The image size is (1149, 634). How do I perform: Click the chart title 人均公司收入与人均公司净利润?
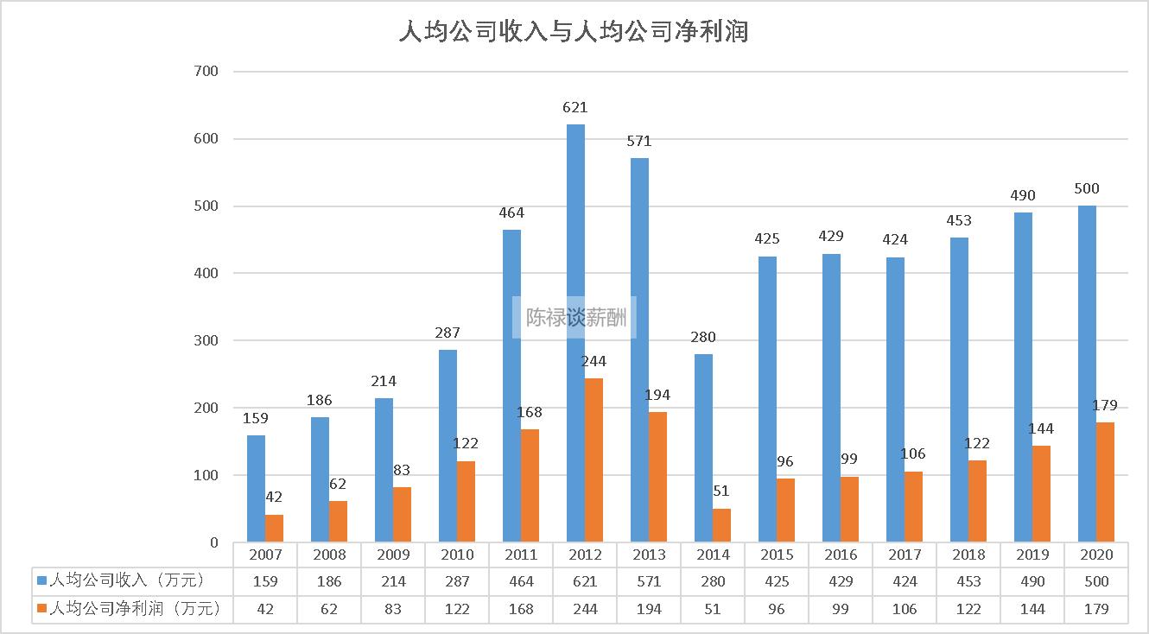(x=574, y=33)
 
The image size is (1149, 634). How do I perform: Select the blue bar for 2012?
(x=575, y=333)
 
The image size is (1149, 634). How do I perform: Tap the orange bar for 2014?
(x=721, y=525)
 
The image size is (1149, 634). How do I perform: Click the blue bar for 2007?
(x=257, y=489)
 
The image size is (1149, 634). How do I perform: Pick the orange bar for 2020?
(x=1105, y=482)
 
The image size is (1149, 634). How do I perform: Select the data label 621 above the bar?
(x=575, y=108)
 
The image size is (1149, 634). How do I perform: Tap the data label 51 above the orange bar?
(x=721, y=491)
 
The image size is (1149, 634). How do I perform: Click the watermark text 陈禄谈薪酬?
(x=575, y=318)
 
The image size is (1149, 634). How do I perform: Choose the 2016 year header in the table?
(x=841, y=555)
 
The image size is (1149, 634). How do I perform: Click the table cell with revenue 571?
(x=649, y=581)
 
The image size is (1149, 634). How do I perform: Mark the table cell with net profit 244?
(x=585, y=609)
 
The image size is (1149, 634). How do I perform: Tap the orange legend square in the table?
(x=41, y=609)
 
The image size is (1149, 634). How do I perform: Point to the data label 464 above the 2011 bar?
(x=511, y=212)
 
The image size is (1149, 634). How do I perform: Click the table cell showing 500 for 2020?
(x=1096, y=581)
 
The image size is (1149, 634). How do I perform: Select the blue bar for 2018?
(x=959, y=390)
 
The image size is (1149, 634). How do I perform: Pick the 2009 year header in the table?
(x=393, y=555)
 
